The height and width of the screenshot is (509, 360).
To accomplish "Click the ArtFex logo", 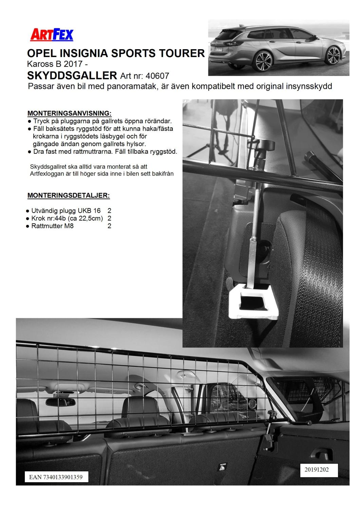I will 52,35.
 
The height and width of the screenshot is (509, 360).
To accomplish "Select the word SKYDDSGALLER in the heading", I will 72,75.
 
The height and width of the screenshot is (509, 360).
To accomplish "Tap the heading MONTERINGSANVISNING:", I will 69,113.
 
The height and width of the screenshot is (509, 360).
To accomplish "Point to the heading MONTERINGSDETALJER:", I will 69,195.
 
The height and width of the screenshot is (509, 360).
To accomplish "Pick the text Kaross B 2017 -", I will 58,64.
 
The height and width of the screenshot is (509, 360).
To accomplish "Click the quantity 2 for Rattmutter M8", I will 109,226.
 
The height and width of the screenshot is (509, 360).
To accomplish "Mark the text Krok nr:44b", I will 48,219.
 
